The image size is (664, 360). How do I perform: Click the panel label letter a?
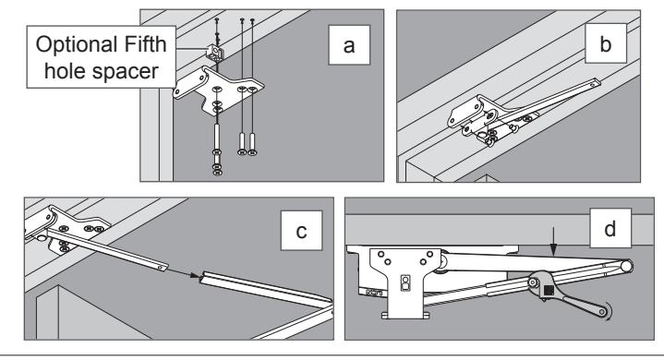tap(349, 45)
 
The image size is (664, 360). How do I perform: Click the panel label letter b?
tap(606, 43)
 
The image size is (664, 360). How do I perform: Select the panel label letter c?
tap(301, 232)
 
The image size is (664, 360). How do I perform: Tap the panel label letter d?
tap(610, 229)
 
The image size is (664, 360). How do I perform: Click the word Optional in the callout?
tap(77, 44)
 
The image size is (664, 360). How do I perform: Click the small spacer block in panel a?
tap(214, 53)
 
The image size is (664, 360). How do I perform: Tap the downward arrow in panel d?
tap(553, 242)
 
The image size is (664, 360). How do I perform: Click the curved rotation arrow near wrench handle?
tap(609, 311)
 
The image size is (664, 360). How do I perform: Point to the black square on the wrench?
tap(549, 290)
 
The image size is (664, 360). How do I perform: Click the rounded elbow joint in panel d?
tap(626, 267)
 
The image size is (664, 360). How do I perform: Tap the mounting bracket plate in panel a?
tap(219, 90)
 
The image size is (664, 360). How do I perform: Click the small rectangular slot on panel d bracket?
tap(405, 283)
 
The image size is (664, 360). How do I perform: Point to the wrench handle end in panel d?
tap(602, 312)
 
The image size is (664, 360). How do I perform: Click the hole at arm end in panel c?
tap(160, 267)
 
